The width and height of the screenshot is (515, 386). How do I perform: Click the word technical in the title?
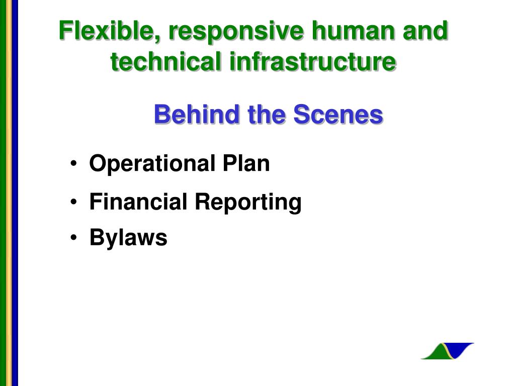pyautogui.click(x=165, y=61)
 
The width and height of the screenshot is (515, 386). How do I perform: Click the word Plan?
pyautogui.click(x=246, y=163)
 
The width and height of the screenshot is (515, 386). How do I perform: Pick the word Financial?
pyautogui.click(x=138, y=202)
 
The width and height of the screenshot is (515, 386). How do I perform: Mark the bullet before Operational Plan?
pyautogui.click(x=73, y=164)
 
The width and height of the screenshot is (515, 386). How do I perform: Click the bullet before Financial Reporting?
pyautogui.click(x=73, y=202)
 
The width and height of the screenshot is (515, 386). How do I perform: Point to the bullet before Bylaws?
pyautogui.click(x=73, y=238)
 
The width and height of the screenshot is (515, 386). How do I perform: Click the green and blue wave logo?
pyautogui.click(x=447, y=351)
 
